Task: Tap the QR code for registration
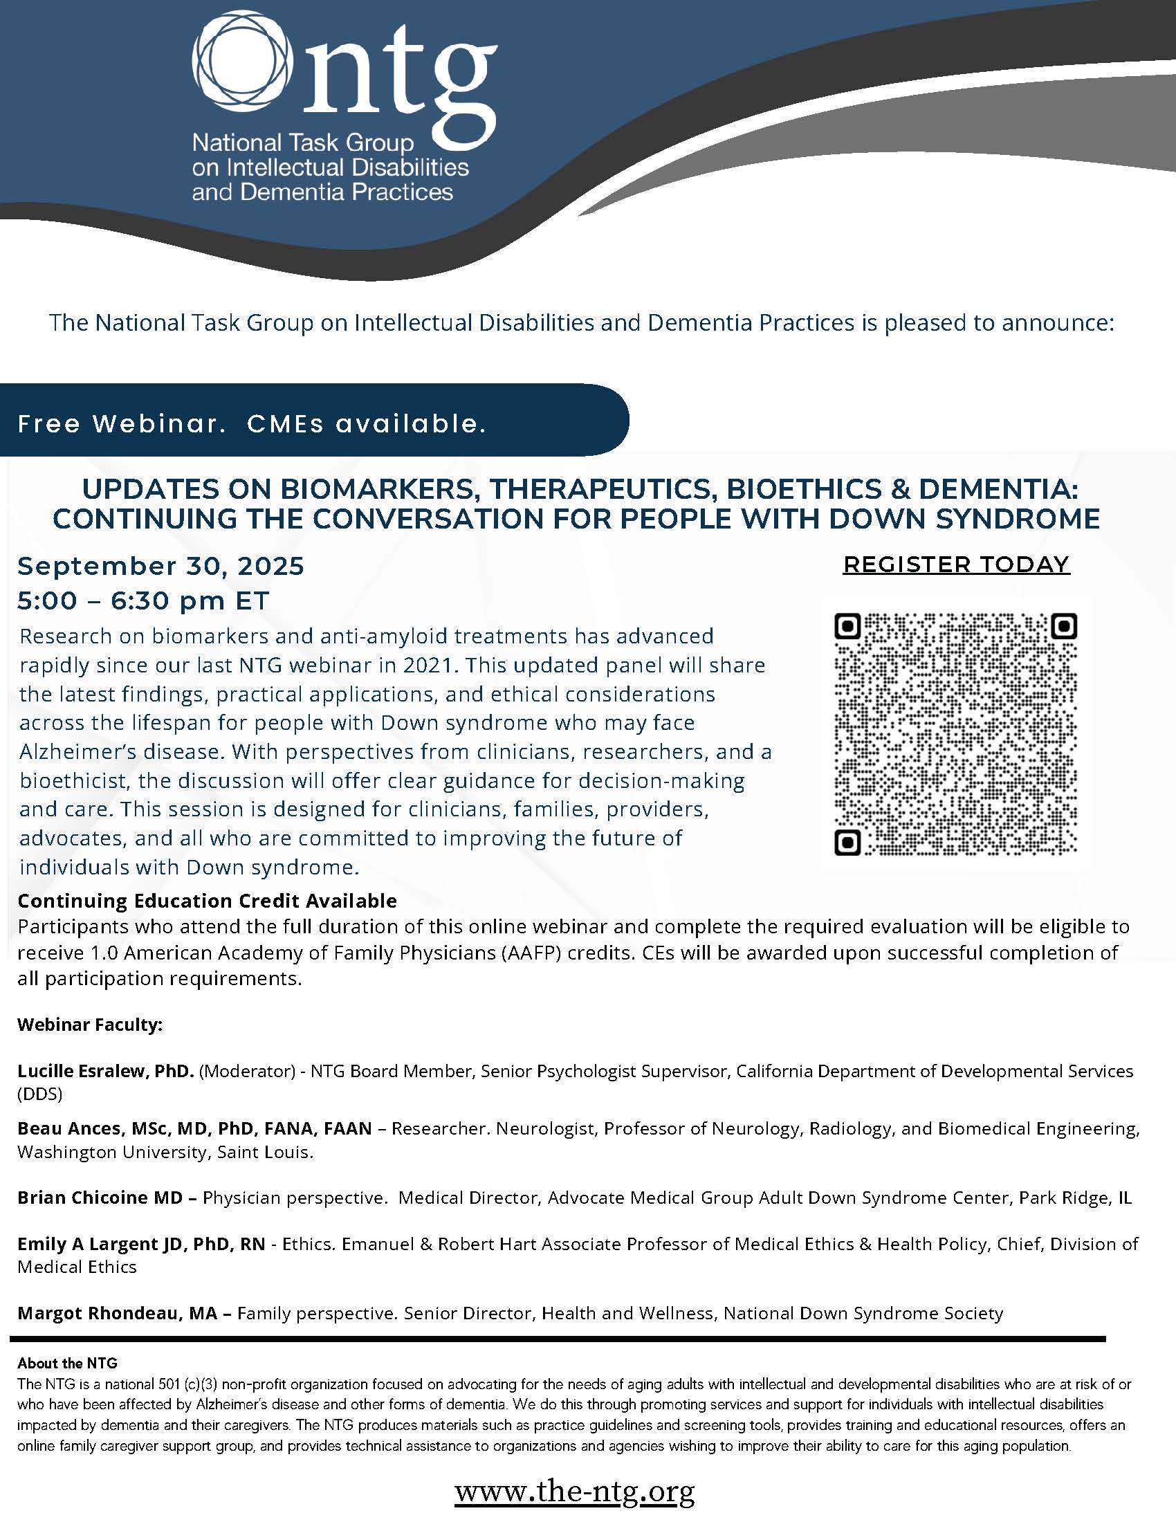pyautogui.click(x=955, y=734)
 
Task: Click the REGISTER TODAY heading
pyautogui.click(x=956, y=565)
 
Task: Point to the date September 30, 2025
pyautogui.click(x=161, y=567)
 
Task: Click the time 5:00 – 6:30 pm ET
pyautogui.click(x=143, y=600)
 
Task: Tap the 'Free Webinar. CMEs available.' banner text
pyautogui.click(x=252, y=423)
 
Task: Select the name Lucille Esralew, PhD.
pyautogui.click(x=105, y=1071)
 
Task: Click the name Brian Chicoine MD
pyautogui.click(x=100, y=1198)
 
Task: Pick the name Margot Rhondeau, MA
pyautogui.click(x=117, y=1314)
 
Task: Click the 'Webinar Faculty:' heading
pyautogui.click(x=90, y=1025)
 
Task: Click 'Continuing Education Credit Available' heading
pyautogui.click(x=207, y=901)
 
